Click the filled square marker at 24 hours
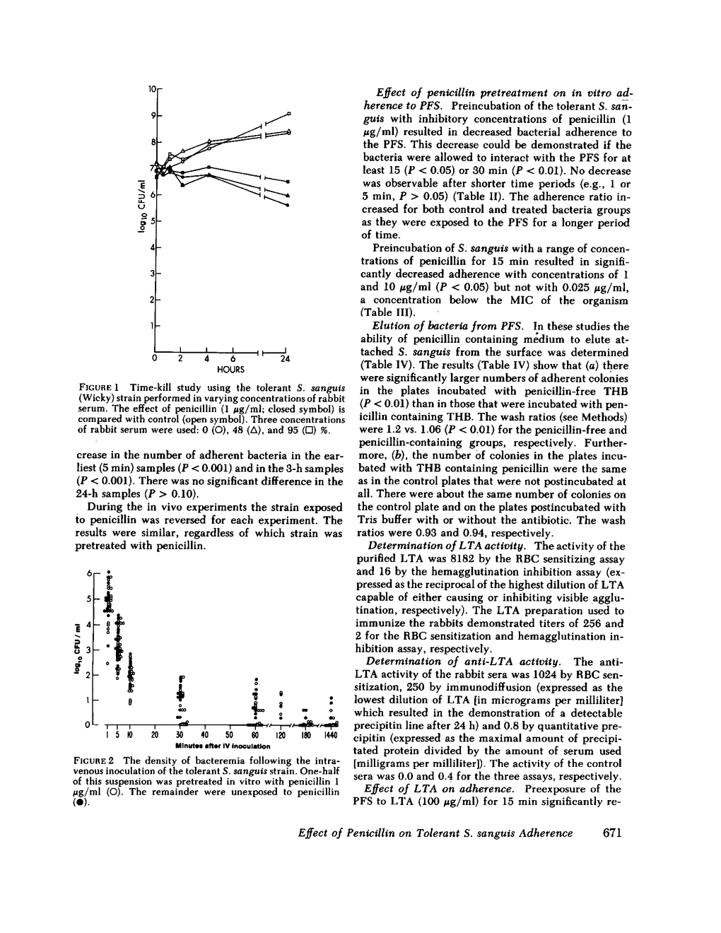[287, 182]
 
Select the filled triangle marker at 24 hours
[287, 194]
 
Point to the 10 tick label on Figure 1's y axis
[152, 89]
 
